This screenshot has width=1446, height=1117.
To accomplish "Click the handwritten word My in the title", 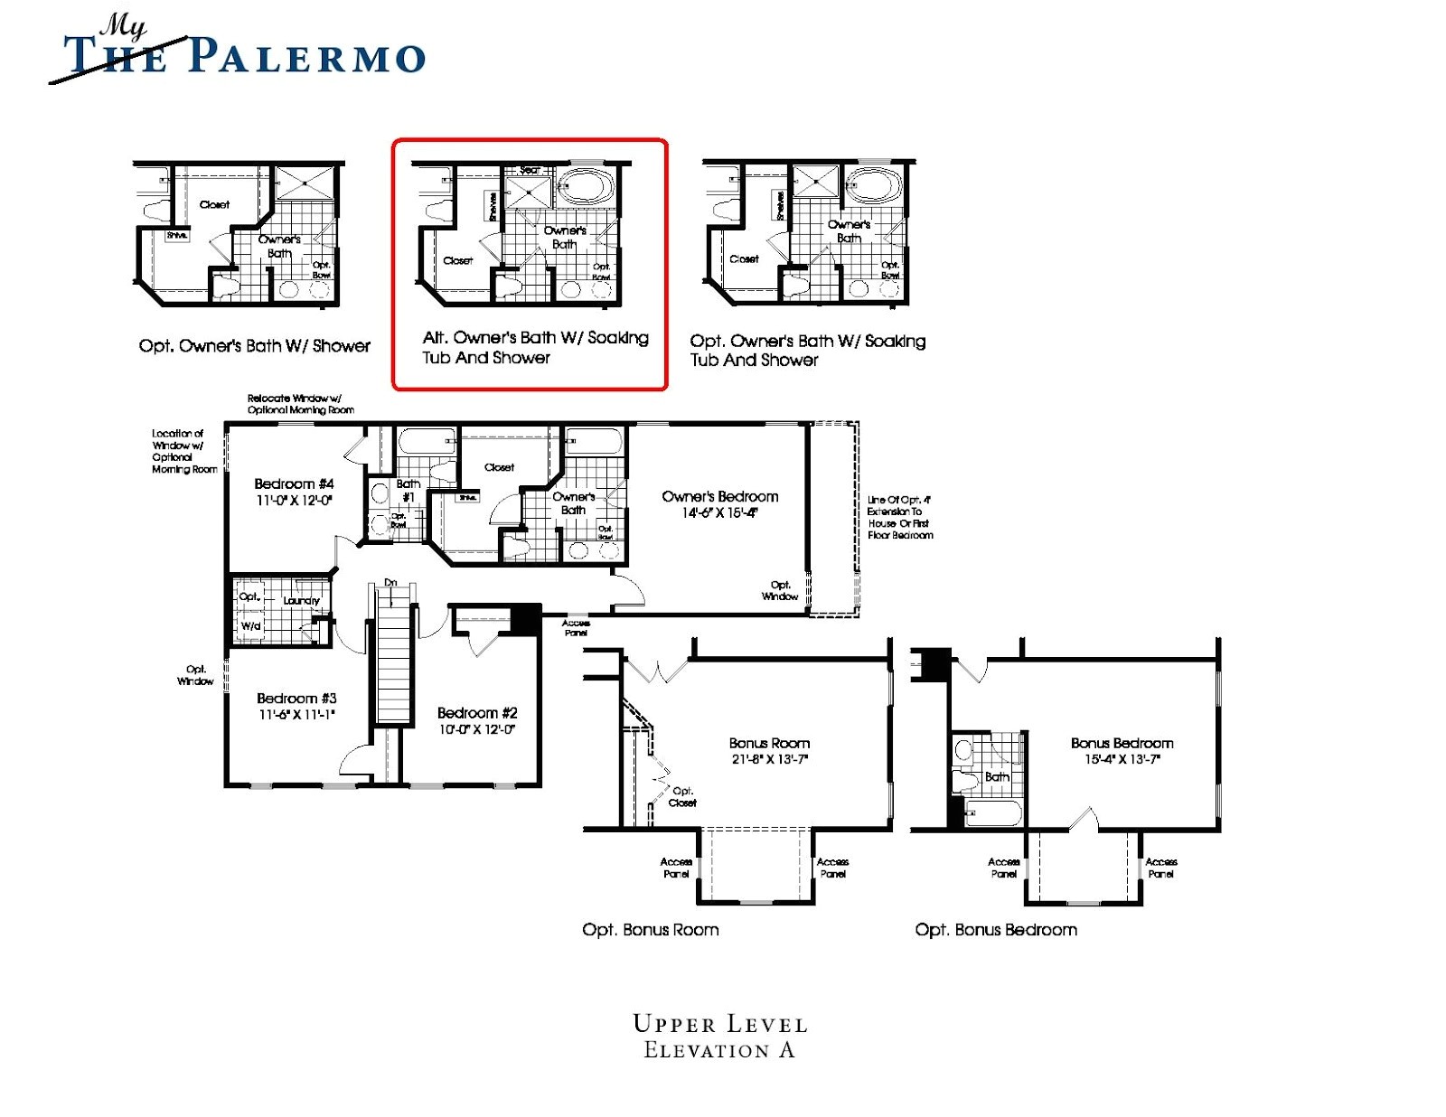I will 124,26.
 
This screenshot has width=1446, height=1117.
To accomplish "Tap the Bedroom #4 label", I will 294,484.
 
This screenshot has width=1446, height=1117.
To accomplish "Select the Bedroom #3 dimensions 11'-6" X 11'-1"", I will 296,715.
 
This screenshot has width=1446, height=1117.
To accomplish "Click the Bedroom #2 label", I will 477,713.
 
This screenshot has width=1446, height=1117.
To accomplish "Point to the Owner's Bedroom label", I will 719,497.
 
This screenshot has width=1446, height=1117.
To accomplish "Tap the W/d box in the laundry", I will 250,625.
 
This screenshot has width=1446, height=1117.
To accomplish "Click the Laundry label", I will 301,600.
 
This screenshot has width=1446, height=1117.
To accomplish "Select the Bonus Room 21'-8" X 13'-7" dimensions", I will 769,759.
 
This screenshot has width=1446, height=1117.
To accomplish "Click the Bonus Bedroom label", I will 1122,743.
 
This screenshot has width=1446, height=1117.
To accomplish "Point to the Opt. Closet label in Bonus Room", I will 682,797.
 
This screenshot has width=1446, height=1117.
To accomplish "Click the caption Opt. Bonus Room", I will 650,930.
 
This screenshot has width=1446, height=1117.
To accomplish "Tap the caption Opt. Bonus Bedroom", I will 995,930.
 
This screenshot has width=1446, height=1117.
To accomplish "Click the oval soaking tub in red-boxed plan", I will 586,187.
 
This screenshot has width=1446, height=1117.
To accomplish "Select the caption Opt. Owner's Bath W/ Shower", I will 254,346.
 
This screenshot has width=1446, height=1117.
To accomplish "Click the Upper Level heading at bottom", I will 719,1024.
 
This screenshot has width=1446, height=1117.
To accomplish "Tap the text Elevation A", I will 719,1050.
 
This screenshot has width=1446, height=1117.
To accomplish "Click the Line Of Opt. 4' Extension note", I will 899,517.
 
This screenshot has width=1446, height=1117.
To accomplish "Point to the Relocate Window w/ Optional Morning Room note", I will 300,404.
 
